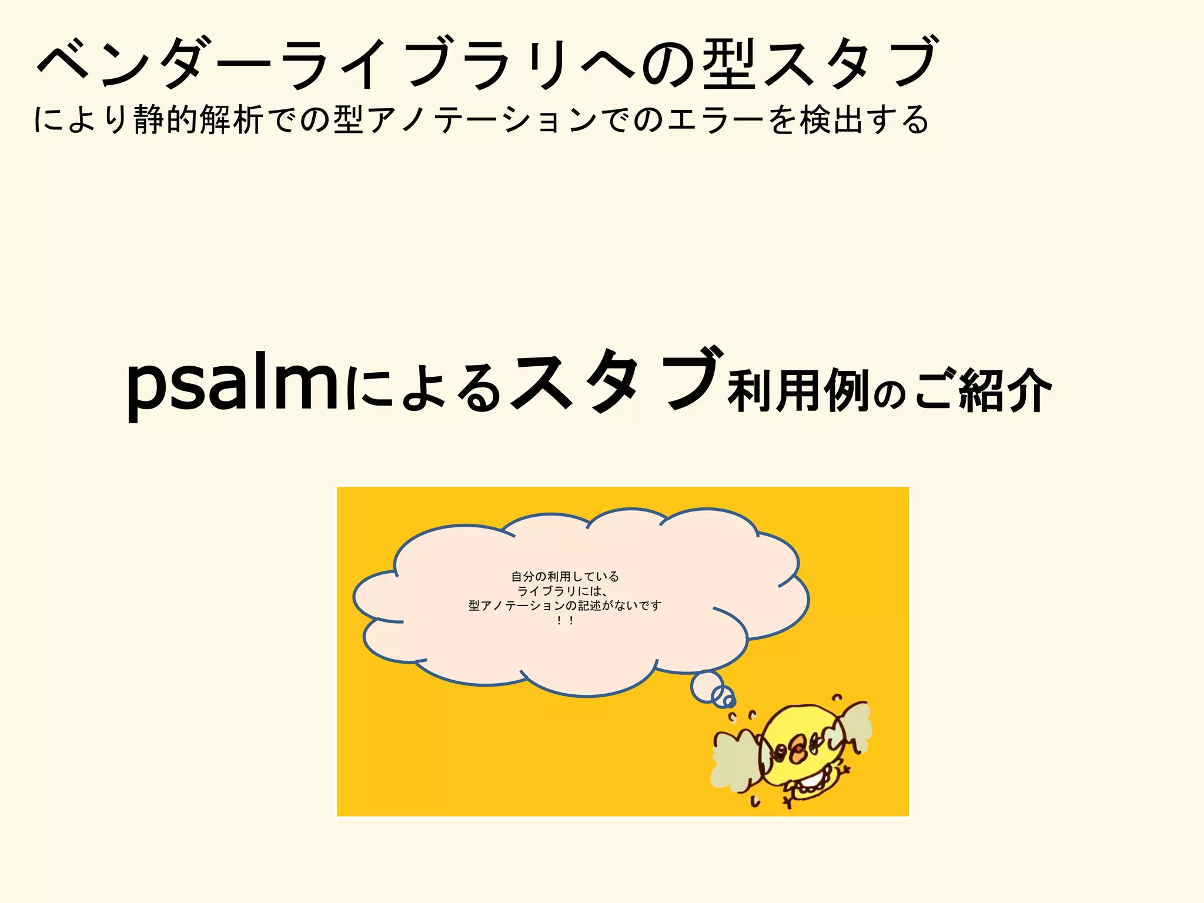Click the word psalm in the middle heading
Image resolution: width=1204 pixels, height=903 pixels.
232,385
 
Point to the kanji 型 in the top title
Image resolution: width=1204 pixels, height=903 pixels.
729,63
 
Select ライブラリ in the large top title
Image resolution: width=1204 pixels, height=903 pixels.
423,63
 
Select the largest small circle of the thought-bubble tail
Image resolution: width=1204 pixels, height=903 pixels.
707,686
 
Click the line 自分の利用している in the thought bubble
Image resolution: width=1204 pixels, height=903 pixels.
565,577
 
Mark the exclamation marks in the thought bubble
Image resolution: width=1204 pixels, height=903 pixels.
565,620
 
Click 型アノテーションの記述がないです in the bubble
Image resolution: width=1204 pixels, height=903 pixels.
565,606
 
